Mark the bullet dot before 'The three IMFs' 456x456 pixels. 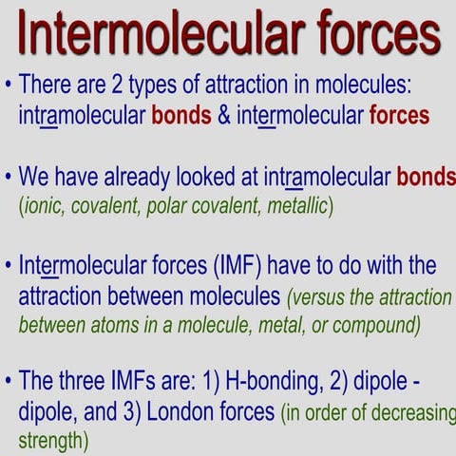8,383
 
